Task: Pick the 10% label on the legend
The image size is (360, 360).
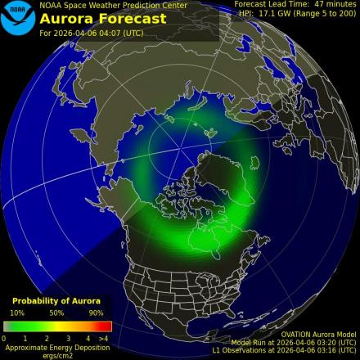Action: click(17, 313)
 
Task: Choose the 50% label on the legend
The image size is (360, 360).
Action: click(56, 313)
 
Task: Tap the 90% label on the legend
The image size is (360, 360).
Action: click(96, 313)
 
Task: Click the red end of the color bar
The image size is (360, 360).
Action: click(105, 326)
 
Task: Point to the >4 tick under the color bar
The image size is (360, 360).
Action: click(103, 337)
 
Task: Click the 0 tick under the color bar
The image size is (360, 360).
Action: click(4, 337)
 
